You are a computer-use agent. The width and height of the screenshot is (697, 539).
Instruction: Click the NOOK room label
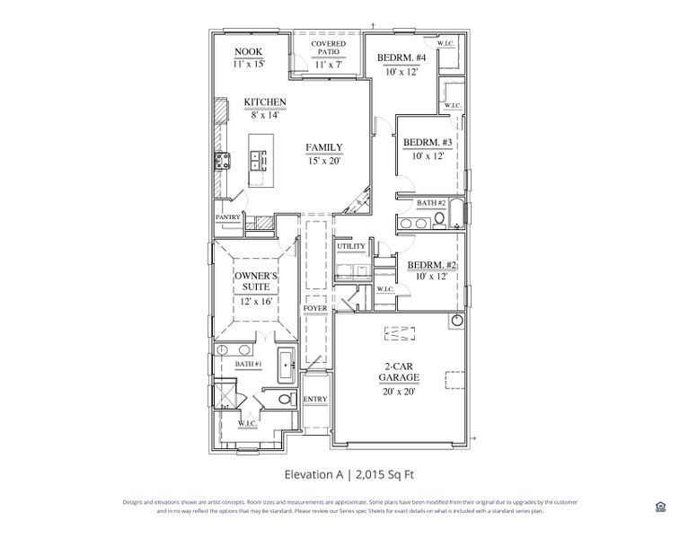tap(248, 52)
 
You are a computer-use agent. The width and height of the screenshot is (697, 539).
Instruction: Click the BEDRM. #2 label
tap(433, 265)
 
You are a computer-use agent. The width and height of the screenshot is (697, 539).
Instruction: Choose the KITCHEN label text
tap(265, 102)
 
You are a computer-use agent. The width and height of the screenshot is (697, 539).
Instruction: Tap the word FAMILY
tap(323, 147)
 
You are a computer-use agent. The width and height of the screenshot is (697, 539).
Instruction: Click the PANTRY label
tap(227, 217)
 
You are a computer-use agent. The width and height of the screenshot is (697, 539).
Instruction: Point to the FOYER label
tap(315, 308)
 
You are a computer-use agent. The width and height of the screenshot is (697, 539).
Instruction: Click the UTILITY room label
tap(350, 246)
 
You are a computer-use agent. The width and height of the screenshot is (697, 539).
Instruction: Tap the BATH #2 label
tap(430, 204)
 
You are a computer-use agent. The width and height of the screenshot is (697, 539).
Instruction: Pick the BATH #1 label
tap(248, 364)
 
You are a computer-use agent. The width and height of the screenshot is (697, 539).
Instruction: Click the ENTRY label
tap(315, 400)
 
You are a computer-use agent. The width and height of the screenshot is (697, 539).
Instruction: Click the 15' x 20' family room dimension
tap(323, 161)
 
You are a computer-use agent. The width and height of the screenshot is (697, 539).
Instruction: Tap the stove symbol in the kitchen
tap(221, 162)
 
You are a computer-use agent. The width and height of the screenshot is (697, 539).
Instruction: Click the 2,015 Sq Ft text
tap(388, 473)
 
